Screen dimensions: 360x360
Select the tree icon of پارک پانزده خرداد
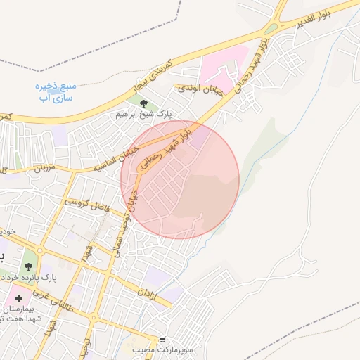click(28, 266)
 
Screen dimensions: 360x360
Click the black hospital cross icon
click(18, 299)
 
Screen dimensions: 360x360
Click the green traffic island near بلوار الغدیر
click(271, 29)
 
